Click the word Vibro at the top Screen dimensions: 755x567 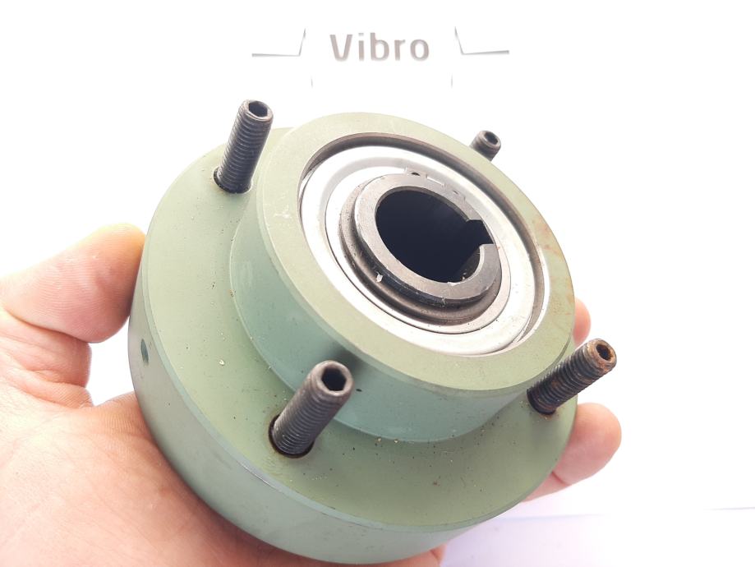(380, 48)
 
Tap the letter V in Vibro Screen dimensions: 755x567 (343, 48)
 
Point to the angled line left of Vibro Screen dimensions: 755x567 (279, 46)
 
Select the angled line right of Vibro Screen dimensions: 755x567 (481, 44)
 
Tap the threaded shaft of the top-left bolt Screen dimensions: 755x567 (242, 150)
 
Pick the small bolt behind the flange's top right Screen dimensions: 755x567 (486, 144)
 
